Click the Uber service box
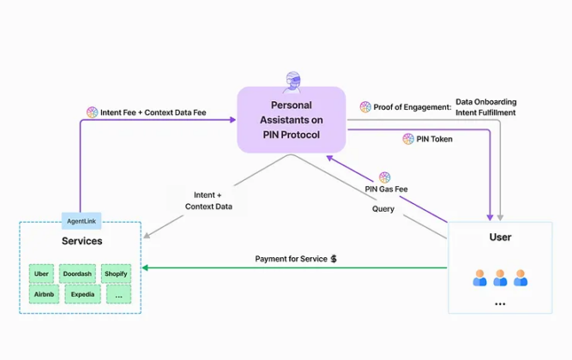pos(42,273)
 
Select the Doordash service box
pos(78,273)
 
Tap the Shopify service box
pos(116,273)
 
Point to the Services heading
pos(81,242)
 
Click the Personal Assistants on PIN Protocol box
pos(291,120)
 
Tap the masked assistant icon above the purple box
pos(292,80)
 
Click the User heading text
pos(500,237)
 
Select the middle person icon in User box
pos(500,278)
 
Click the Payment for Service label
pos(291,258)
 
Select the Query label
pos(383,208)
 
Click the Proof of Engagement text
pos(412,107)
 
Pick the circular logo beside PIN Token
pos(408,139)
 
